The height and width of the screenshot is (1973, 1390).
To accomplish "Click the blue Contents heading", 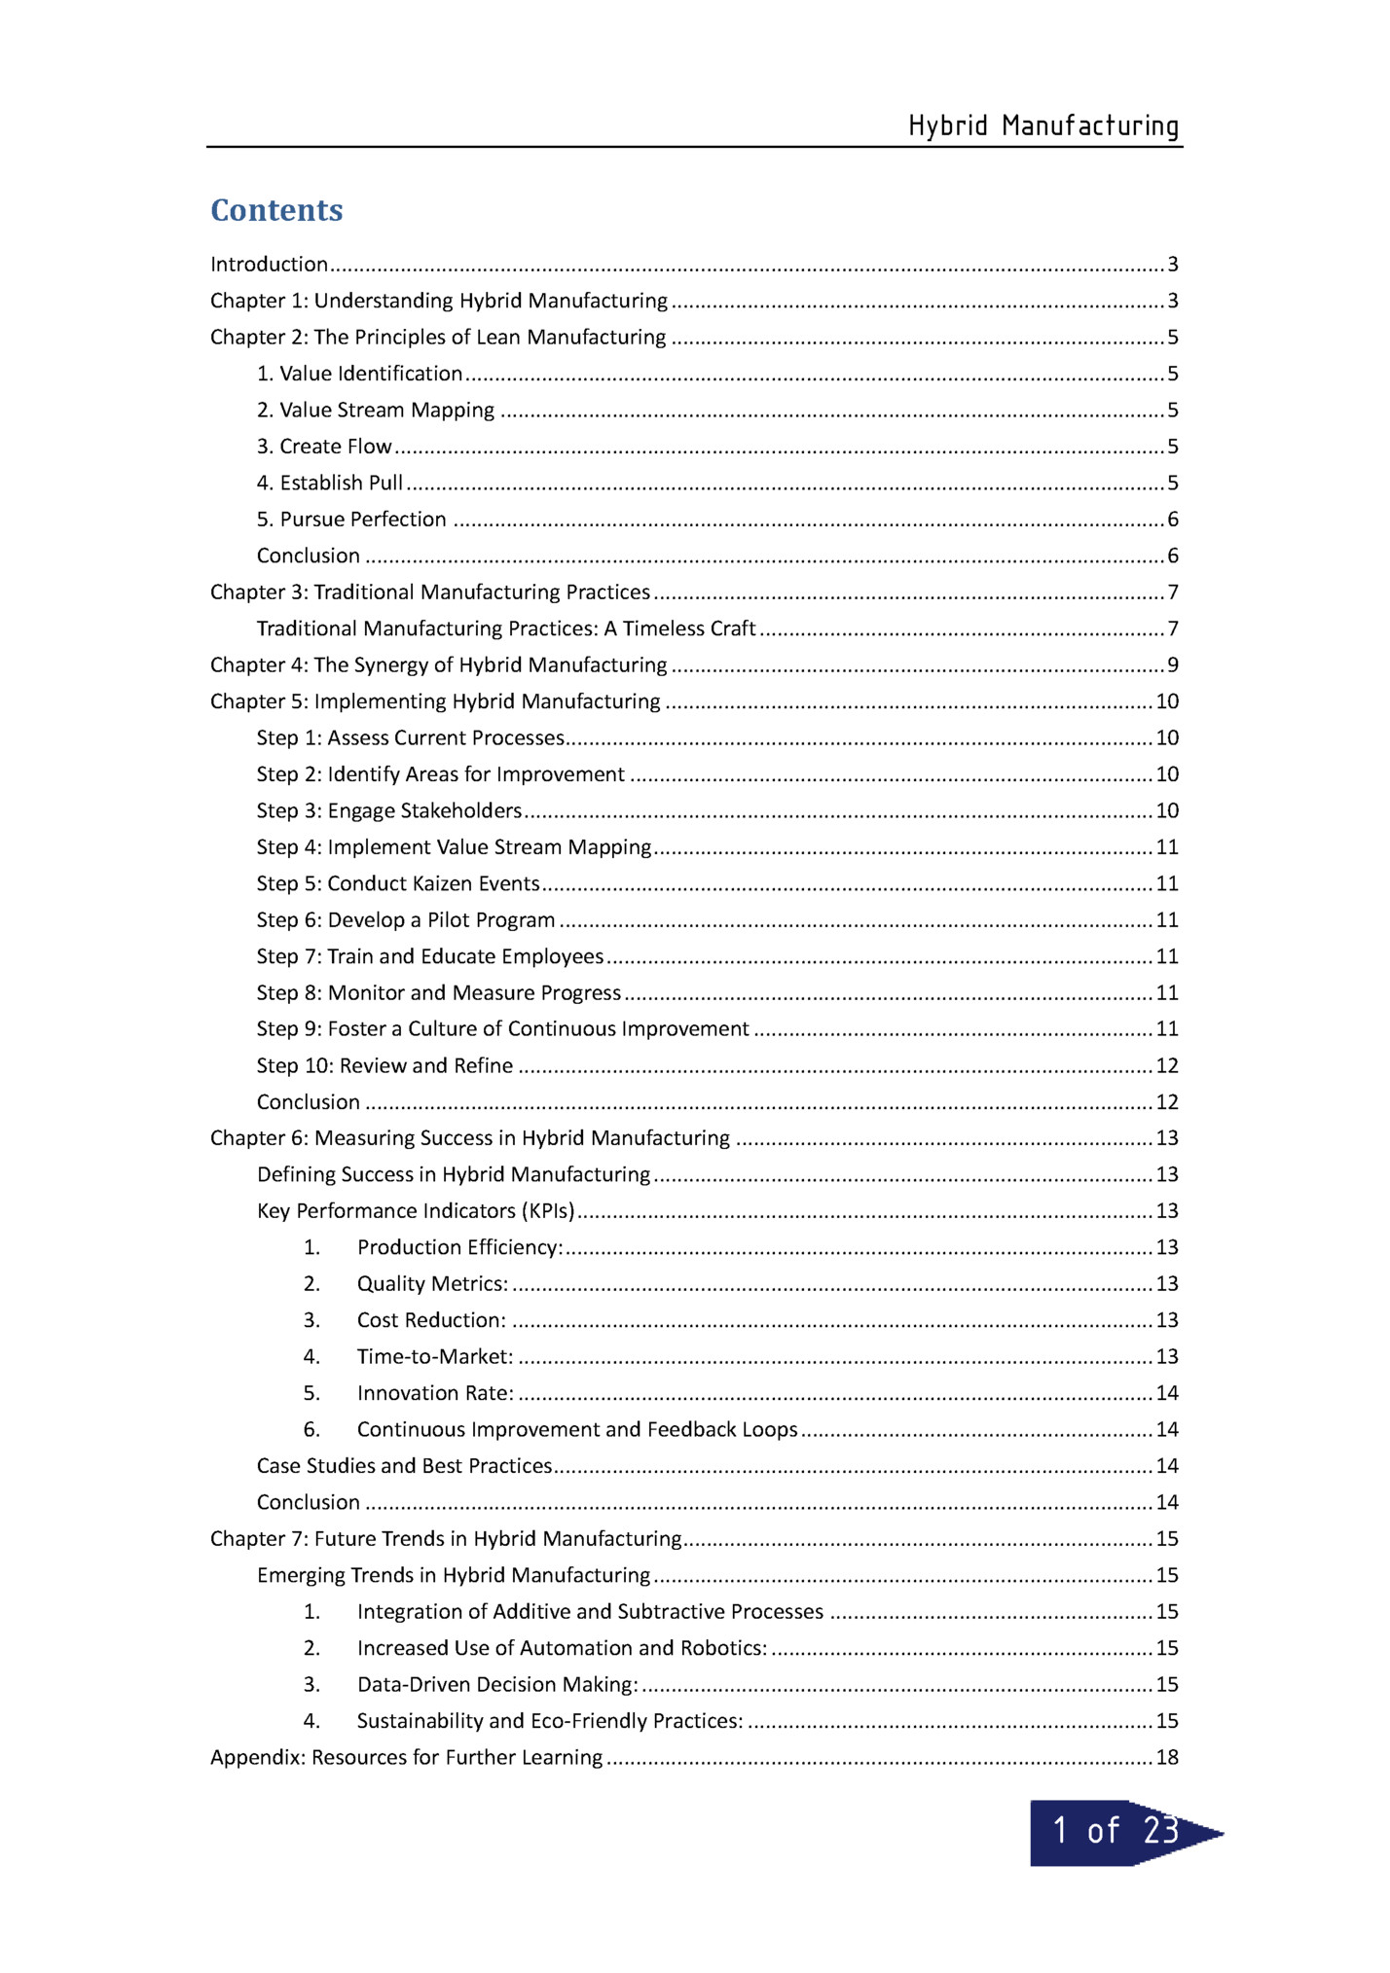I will pos(276,210).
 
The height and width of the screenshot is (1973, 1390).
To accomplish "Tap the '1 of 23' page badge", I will pos(1116,1832).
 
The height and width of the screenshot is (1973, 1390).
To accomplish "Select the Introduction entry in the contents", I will pos(270,265).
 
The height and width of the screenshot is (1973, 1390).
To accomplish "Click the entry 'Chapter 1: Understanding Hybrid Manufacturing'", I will pos(439,301).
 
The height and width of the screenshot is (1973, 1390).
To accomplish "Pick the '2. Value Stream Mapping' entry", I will pos(376,411).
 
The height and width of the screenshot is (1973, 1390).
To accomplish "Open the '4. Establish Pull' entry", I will pos(330,484).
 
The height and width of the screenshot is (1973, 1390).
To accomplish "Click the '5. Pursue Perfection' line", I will pos(351,520).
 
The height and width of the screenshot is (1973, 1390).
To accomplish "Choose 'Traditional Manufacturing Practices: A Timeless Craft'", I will pos(506,628).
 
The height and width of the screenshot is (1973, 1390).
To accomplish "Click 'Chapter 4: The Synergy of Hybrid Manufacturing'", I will pos(439,665).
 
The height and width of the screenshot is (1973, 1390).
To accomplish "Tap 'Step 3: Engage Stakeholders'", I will pos(389,810).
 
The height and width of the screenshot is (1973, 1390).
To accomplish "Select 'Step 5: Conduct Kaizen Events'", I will pos(398,883).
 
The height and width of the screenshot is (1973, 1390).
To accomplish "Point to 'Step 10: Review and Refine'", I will pos(384,1065).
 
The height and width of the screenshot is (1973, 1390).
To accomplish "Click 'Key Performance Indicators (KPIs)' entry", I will pos(416,1211).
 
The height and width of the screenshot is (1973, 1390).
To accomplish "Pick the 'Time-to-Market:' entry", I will pos(435,1356).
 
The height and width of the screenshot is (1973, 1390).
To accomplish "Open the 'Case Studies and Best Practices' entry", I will pos(404,1466).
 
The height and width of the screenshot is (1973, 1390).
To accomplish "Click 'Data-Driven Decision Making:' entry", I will pos(497,1684).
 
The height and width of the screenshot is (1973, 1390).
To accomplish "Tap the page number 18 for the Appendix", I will pos(1167,1757).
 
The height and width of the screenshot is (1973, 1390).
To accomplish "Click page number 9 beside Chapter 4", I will pos(1173,665).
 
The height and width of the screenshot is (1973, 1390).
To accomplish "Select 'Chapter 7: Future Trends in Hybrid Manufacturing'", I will pos(446,1538).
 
